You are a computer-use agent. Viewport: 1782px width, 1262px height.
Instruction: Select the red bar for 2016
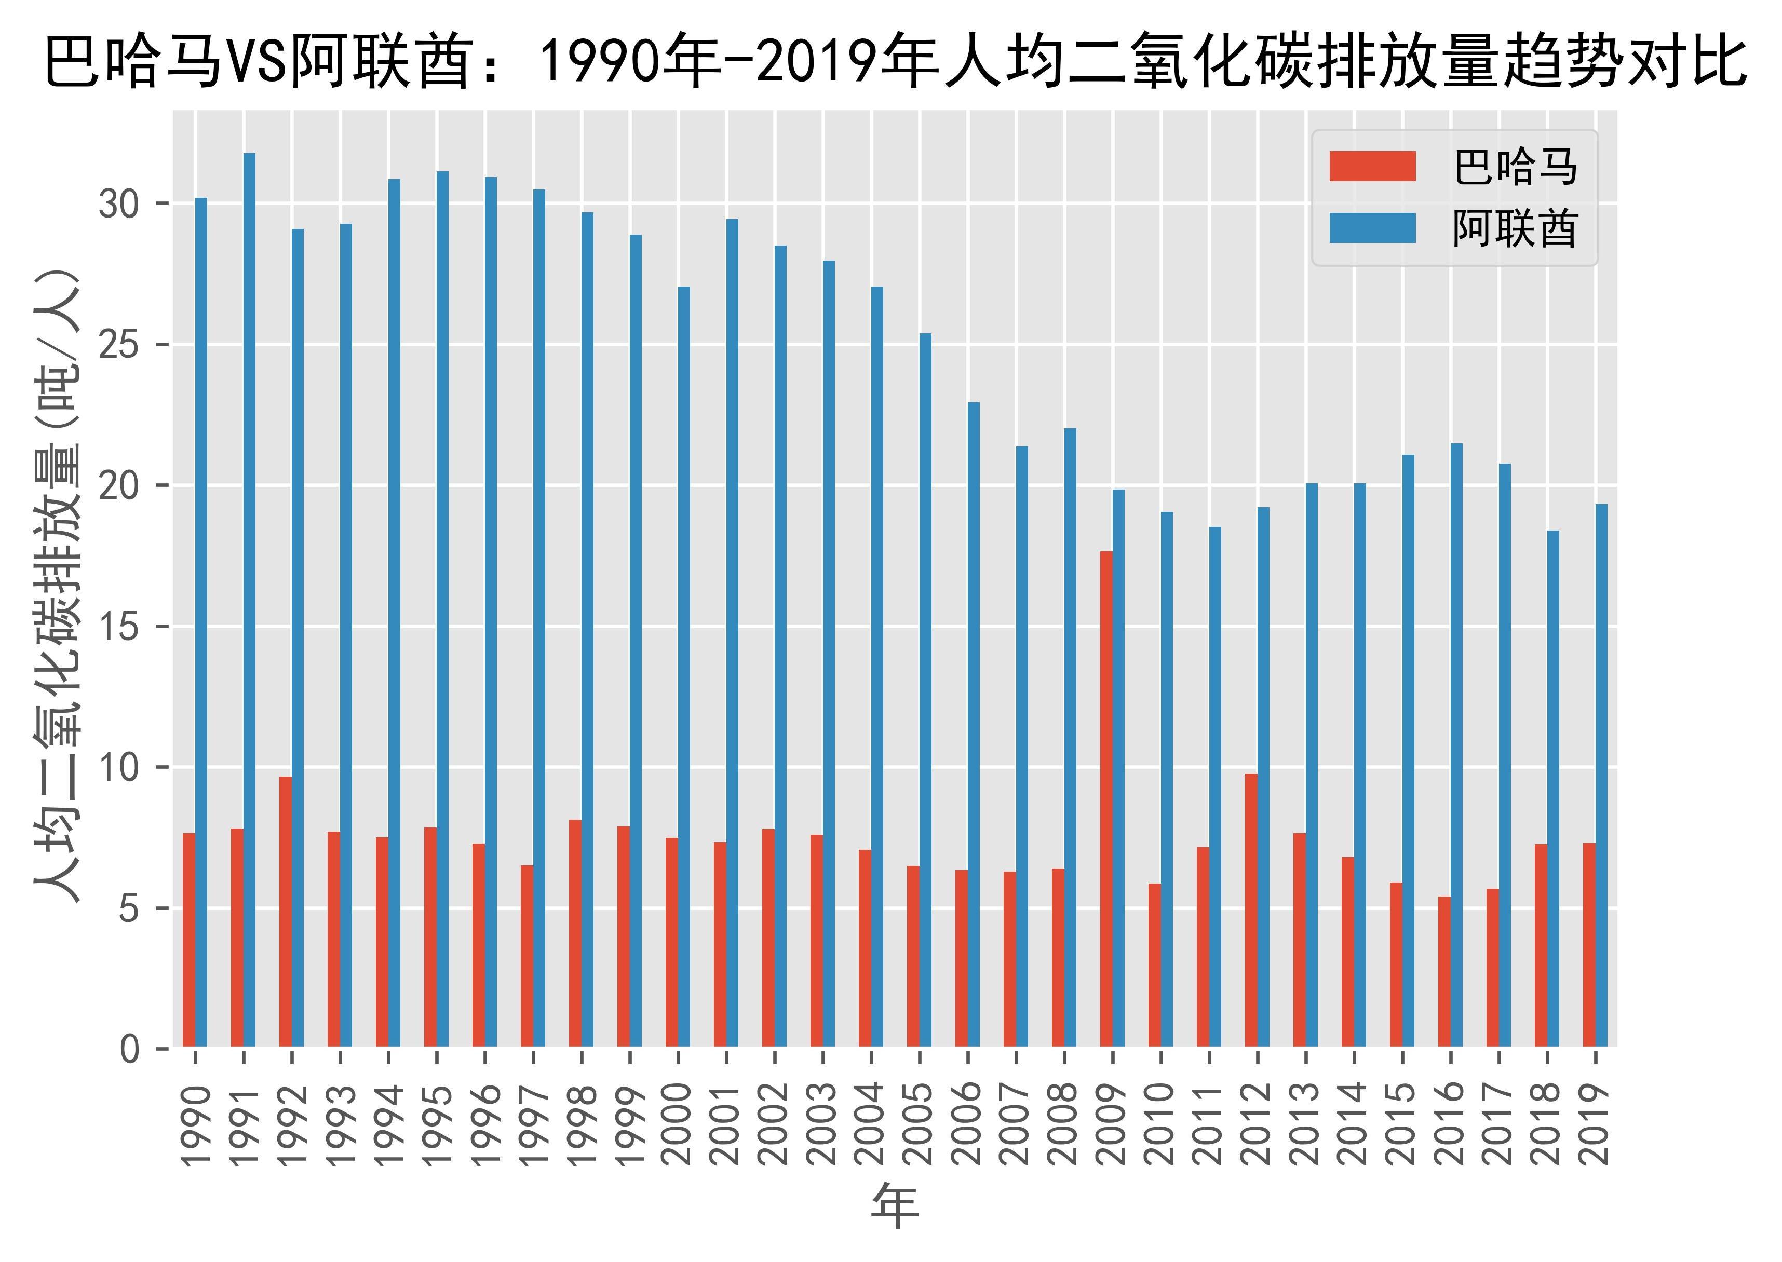[x=1444, y=971]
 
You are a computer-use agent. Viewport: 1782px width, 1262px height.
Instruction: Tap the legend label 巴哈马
[x=1514, y=167]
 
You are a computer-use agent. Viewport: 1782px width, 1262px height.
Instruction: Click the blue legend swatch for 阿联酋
[x=1372, y=228]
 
